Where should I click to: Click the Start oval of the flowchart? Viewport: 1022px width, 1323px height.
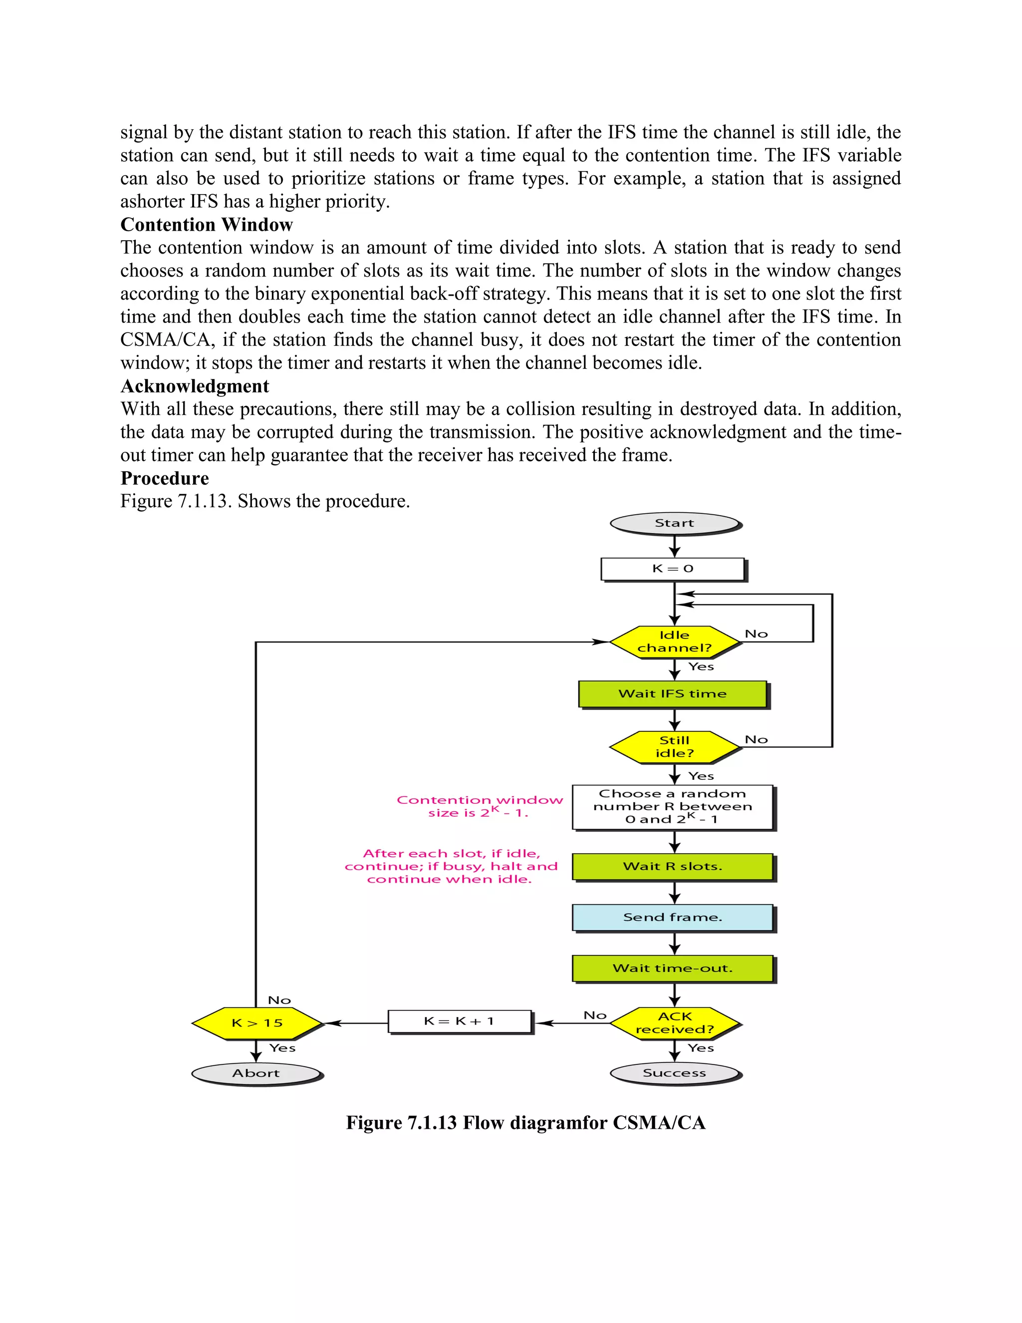(675, 523)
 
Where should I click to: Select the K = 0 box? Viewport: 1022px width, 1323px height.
(673, 569)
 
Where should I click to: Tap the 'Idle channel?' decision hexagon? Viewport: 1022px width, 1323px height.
(675, 642)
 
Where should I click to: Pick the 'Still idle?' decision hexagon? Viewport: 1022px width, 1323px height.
(675, 747)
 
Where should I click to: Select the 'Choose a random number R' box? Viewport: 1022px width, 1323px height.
(673, 807)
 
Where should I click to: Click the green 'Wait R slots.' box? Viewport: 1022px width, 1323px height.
(673, 866)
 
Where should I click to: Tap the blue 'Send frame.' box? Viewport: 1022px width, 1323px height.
(673, 917)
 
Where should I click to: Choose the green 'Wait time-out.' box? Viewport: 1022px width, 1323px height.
(673, 968)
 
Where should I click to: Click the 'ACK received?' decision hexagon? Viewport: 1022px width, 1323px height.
(675, 1023)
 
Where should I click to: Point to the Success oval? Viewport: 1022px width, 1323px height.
(675, 1073)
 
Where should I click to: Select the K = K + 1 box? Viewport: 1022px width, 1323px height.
(460, 1021)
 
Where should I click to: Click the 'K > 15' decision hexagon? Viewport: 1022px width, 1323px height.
(256, 1023)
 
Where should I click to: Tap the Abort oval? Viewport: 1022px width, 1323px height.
(256, 1073)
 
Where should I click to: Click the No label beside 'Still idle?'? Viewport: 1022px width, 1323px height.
(756, 740)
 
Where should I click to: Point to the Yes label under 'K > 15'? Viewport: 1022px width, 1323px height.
(282, 1048)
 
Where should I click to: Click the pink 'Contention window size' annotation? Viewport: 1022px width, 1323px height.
(479, 806)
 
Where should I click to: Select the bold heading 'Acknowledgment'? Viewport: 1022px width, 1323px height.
(195, 386)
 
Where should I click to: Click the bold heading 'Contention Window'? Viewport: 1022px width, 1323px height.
(207, 225)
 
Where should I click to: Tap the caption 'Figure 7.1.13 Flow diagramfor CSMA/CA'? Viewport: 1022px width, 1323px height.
(525, 1122)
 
